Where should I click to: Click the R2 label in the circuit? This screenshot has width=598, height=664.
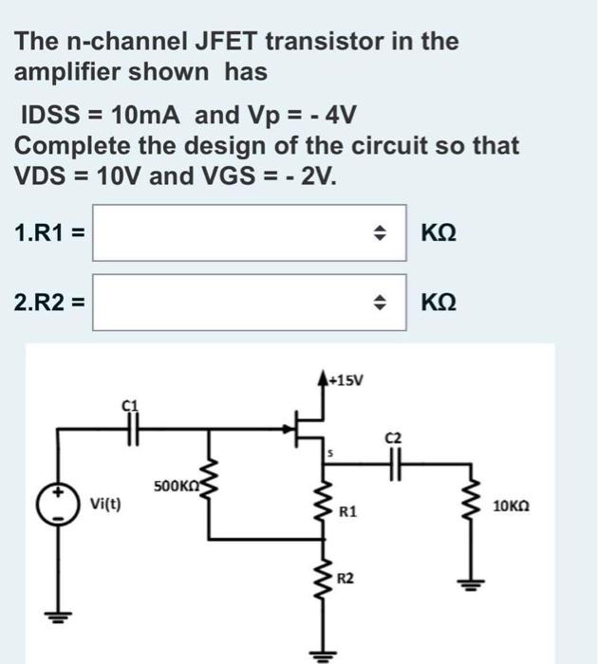click(x=348, y=577)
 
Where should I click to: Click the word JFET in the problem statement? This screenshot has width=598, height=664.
click(x=227, y=42)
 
